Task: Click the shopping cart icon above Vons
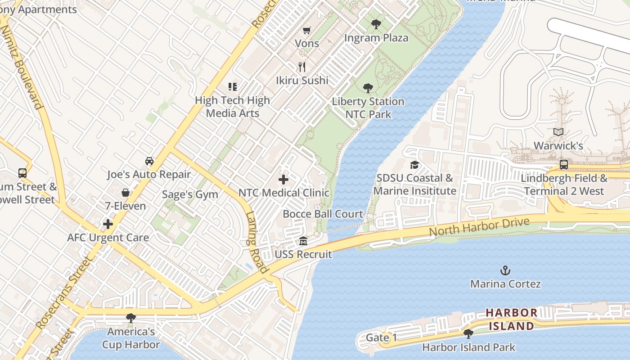(x=307, y=31)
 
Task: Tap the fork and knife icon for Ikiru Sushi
(x=302, y=67)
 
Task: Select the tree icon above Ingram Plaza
(x=376, y=24)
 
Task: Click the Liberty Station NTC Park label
(x=368, y=108)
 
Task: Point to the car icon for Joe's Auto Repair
(x=149, y=161)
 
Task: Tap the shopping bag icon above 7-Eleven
(x=126, y=193)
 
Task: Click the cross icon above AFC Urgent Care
(x=108, y=224)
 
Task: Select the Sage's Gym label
(x=190, y=194)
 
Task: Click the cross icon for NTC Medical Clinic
(x=283, y=180)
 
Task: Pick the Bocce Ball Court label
(x=323, y=214)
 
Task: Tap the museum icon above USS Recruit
(x=303, y=241)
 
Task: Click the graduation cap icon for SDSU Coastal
(x=414, y=165)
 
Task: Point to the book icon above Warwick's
(x=558, y=132)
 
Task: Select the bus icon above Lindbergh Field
(x=563, y=165)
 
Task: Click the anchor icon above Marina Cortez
(x=505, y=270)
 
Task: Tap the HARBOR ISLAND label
(x=511, y=319)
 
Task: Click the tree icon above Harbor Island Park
(x=468, y=334)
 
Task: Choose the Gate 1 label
(x=381, y=337)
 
